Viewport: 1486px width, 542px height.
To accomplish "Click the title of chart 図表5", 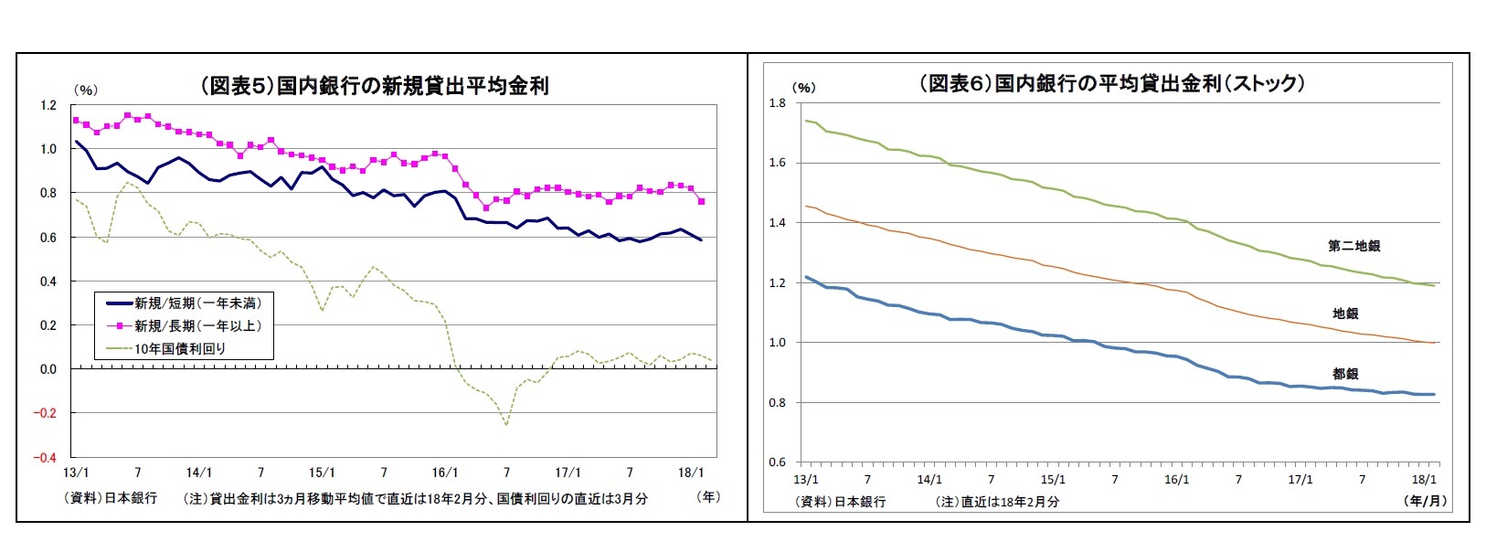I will point(375,86).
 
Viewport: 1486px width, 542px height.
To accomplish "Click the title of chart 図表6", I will point(1112,83).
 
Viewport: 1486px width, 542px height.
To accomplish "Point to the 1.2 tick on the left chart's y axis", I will point(48,105).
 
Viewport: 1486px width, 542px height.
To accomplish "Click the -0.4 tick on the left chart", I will point(45,457).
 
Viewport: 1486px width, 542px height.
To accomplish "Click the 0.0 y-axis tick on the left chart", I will point(48,369).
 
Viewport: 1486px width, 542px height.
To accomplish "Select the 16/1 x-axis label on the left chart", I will point(444,473).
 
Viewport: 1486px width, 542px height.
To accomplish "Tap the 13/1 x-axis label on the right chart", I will point(805,479).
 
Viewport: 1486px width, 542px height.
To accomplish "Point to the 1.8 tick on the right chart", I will point(777,103).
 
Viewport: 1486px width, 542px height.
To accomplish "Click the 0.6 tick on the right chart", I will point(777,462).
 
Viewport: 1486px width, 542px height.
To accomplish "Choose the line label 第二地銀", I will point(1353,246).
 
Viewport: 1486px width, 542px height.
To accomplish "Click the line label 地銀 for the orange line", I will point(1345,314).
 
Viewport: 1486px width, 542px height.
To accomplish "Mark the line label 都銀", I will point(1345,374).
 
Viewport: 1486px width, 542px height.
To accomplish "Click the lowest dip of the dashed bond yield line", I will point(506,424).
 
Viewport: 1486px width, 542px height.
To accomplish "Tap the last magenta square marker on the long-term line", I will point(701,201).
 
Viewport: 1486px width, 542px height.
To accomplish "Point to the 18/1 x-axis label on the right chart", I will point(1424,479).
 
